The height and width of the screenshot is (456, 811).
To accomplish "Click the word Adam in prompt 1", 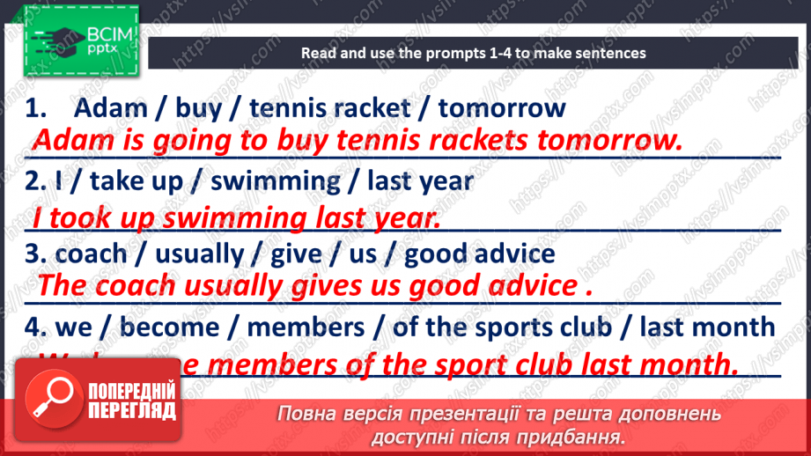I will click(x=110, y=108).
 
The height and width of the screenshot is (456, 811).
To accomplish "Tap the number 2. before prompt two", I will click(x=35, y=182).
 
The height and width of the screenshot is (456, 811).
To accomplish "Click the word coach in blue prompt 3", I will click(x=91, y=254).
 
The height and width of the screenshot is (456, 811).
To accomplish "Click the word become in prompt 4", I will click(x=169, y=327).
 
